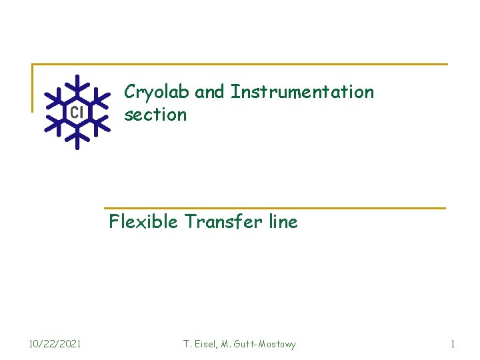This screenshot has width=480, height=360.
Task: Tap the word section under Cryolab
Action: point(155,115)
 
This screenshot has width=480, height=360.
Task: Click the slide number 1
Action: point(453,344)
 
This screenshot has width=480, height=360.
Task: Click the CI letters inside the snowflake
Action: point(77,112)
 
